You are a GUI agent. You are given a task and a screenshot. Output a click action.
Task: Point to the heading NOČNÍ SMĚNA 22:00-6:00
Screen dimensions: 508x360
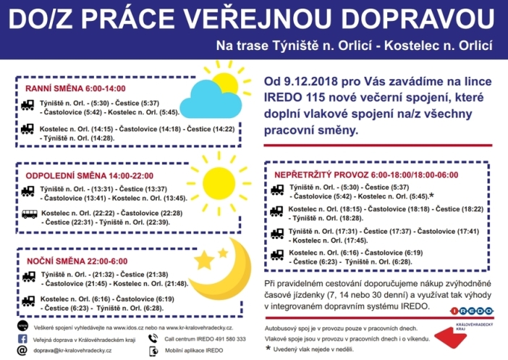pos(73,260)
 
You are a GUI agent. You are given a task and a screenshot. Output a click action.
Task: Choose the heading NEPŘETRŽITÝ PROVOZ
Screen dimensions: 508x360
pos(331,175)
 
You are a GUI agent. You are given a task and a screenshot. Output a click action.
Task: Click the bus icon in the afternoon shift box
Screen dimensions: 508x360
pos(29,216)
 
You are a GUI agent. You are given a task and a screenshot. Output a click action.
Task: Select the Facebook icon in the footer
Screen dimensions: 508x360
pos(22,338)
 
